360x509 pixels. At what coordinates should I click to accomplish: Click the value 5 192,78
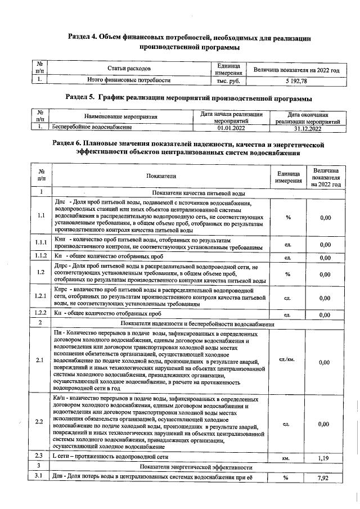tap(296, 81)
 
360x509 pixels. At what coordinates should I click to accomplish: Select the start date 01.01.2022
tap(231, 128)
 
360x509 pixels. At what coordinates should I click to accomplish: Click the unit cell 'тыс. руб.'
tap(228, 81)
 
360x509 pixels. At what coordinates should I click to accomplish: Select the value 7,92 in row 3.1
tap(323, 478)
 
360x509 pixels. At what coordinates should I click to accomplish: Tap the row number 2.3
tap(39, 457)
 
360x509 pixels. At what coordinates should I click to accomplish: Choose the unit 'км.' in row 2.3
tap(286, 458)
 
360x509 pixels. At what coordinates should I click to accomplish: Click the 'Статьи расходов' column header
tap(129, 69)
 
